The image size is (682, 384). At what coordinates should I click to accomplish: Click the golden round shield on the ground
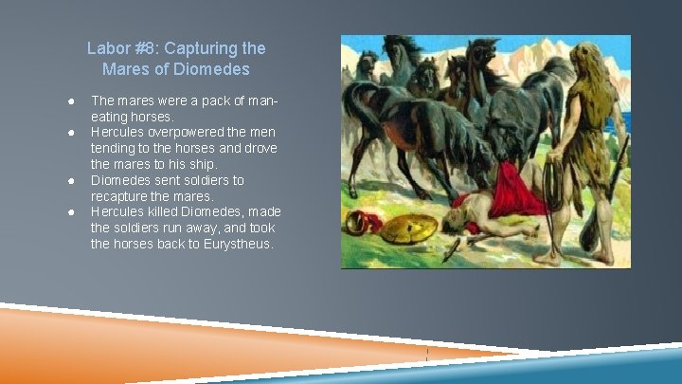pos(408,229)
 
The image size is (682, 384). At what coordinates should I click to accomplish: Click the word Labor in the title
pos(106,47)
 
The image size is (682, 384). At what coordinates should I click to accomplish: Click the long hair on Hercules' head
pos(584,71)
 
